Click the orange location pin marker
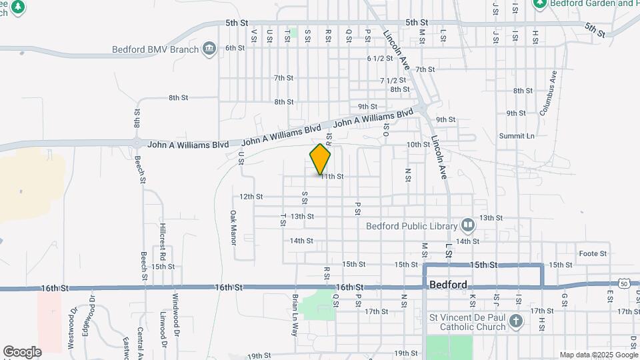(x=321, y=159)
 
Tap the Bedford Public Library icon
(x=467, y=225)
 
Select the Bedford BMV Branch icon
(x=209, y=48)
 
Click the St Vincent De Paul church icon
(x=515, y=322)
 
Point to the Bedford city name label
(x=448, y=284)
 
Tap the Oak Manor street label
(x=233, y=227)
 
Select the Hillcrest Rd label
(x=162, y=237)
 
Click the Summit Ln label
(x=517, y=136)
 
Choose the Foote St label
(x=593, y=253)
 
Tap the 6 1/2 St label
(x=379, y=58)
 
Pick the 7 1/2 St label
(x=392, y=80)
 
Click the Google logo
(x=22, y=351)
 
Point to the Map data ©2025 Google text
(x=597, y=355)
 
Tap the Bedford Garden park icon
(x=539, y=4)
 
